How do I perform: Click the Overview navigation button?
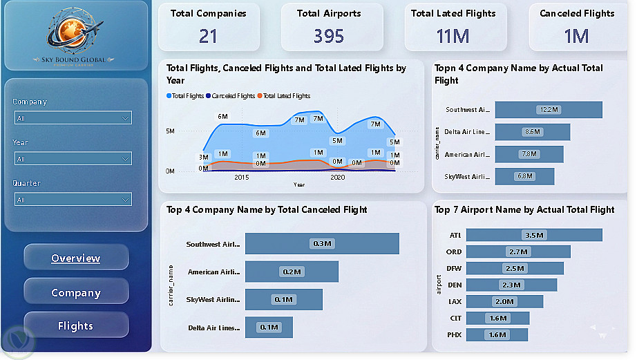click(x=76, y=258)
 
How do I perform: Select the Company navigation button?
click(x=76, y=292)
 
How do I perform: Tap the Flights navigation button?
click(x=76, y=325)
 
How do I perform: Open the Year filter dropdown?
click(x=73, y=159)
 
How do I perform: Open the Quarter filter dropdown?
click(x=73, y=200)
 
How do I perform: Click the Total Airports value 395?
click(x=328, y=36)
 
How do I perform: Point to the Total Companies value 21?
click(x=208, y=36)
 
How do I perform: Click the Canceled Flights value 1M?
click(x=576, y=36)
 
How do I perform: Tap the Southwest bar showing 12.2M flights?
click(x=549, y=110)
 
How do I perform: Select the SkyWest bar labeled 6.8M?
click(x=524, y=176)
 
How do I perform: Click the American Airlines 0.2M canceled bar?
click(x=292, y=272)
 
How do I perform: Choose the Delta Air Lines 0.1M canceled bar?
click(x=269, y=327)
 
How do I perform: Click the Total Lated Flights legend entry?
click(x=286, y=96)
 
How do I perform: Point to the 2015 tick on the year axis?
click(x=241, y=178)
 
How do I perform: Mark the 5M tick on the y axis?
click(x=170, y=131)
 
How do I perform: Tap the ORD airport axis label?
click(x=454, y=252)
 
